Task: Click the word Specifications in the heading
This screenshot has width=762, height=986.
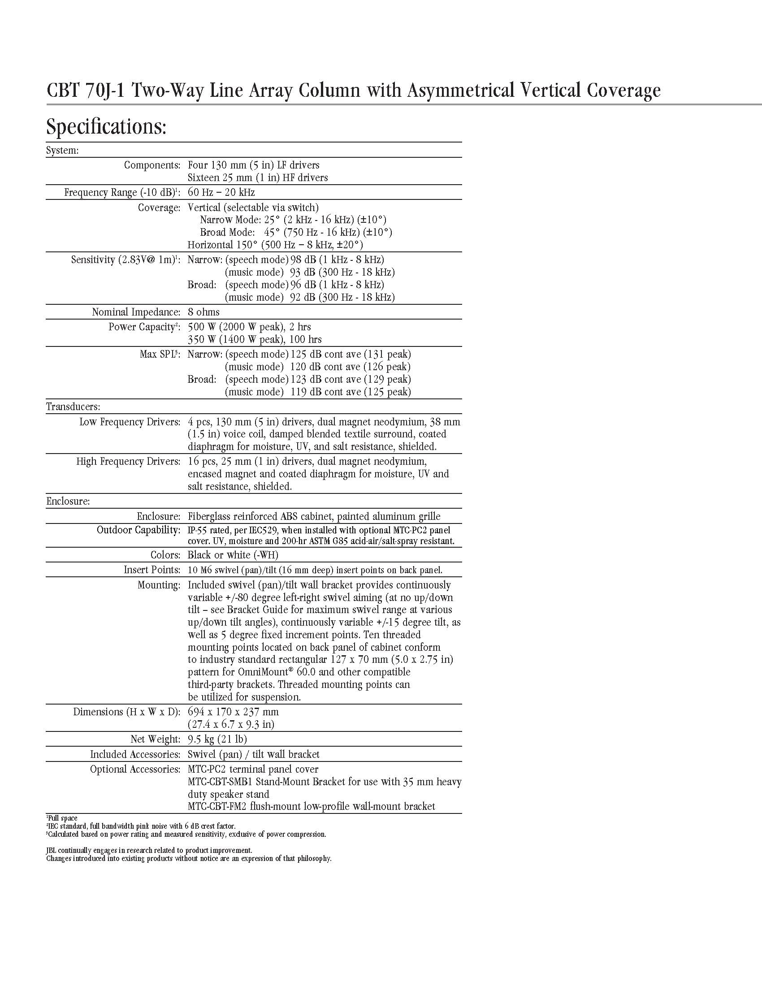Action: click(107, 127)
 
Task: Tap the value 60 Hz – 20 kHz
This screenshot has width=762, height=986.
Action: click(221, 193)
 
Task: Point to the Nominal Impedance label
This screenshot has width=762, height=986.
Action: click(136, 312)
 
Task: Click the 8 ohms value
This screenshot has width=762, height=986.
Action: click(203, 312)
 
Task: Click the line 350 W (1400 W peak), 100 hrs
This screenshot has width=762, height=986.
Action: click(255, 340)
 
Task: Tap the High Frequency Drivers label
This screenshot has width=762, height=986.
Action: click(128, 461)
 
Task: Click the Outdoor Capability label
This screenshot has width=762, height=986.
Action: click(139, 530)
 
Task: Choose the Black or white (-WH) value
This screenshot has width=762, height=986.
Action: click(233, 555)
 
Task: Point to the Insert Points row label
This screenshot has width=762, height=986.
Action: click(152, 570)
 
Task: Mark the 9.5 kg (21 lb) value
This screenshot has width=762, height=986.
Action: click(217, 739)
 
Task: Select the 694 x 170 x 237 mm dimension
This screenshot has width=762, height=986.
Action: click(233, 712)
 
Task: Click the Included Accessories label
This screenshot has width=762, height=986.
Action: click(135, 754)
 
